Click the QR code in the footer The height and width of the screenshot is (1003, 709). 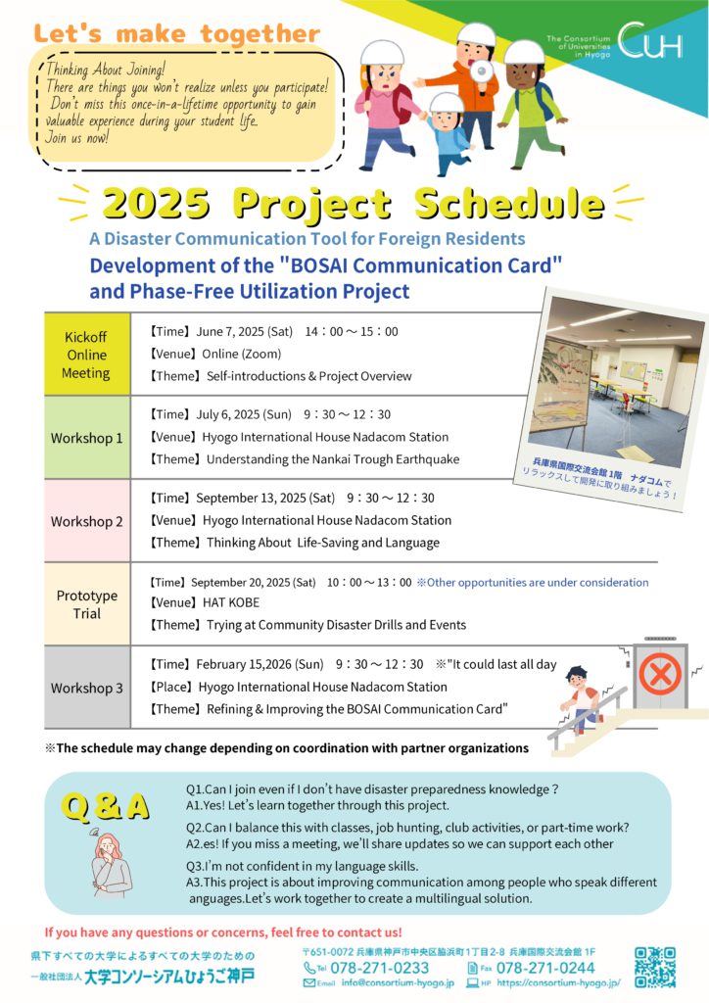[x=655, y=967]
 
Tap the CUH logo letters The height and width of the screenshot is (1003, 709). [x=649, y=40]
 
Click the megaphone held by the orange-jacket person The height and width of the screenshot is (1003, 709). [x=480, y=70]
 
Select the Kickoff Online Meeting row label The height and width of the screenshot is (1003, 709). [x=86, y=355]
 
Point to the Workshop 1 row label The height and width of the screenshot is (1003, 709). [x=86, y=438]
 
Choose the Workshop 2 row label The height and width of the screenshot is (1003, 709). [x=86, y=521]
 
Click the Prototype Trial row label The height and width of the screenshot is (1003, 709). [x=87, y=604]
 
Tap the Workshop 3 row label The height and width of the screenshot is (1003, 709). [x=86, y=689]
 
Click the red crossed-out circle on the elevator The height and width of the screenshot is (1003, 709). [x=660, y=674]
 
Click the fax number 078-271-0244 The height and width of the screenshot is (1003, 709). [x=545, y=968]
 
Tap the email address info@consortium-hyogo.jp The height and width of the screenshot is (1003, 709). [x=398, y=983]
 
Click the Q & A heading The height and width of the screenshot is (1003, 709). [x=106, y=807]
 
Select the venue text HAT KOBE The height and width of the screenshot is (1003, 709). [x=231, y=602]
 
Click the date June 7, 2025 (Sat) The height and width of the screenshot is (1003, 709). [x=244, y=331]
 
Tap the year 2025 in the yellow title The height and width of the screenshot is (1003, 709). [x=156, y=204]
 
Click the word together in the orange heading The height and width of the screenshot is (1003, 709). [x=260, y=33]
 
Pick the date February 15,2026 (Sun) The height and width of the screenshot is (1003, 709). [x=260, y=665]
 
